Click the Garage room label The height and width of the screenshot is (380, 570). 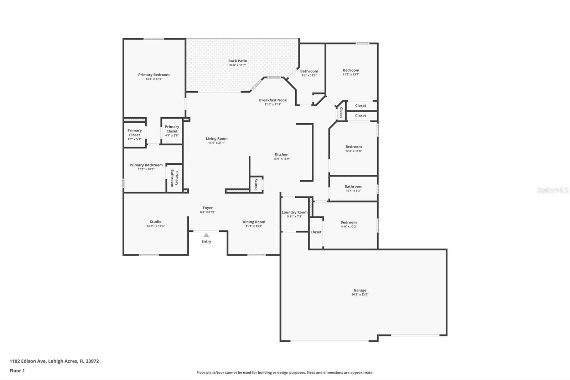tap(360, 290)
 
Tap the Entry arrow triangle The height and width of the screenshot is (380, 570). tap(206, 235)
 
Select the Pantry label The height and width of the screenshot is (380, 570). tap(256, 185)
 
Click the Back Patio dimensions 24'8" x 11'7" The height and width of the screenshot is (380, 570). tap(238, 65)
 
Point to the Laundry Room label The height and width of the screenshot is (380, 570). tap(295, 212)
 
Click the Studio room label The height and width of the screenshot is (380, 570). tap(156, 221)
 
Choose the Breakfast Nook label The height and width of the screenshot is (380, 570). tap(273, 100)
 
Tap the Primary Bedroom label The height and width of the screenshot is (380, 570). tap(154, 75)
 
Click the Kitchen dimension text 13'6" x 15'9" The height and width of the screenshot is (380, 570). tap(281, 159)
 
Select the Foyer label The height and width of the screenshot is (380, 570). tap(208, 207)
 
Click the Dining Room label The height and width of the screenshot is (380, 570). tap(254, 222)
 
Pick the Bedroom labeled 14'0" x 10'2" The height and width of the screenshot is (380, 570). tap(348, 222)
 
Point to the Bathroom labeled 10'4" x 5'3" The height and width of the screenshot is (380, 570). tap(353, 186)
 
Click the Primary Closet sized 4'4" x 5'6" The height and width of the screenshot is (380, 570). tap(172, 129)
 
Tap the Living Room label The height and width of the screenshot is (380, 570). tap(217, 138)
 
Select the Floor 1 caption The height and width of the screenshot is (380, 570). tap(17, 371)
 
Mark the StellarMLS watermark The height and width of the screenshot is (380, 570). tap(552, 190)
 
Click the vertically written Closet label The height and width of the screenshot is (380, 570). tap(341, 113)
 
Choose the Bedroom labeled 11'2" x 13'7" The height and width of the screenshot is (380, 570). tap(351, 70)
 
